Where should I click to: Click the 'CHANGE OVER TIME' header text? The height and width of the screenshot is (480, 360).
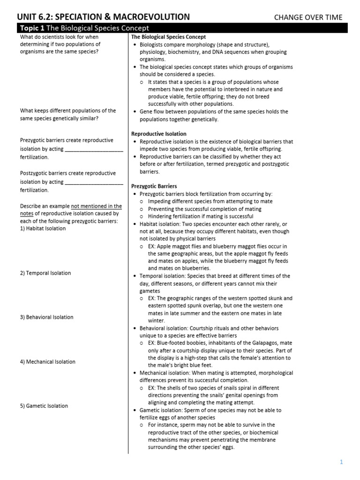pyautogui.click(x=308, y=17)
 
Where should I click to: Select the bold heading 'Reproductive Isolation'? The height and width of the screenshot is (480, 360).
pyautogui.click(x=158, y=134)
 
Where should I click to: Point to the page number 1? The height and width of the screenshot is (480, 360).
pyautogui.click(x=342, y=462)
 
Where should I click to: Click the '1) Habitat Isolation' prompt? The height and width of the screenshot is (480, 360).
pyautogui.click(x=43, y=229)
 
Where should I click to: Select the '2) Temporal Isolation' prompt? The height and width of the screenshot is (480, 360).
pyautogui.click(x=45, y=273)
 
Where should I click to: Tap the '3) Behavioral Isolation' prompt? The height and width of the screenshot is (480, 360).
pyautogui.click(x=46, y=317)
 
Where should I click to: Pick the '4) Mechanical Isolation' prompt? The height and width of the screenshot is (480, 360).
pyautogui.click(x=48, y=362)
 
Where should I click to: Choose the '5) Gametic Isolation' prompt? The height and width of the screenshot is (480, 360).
pyautogui.click(x=44, y=406)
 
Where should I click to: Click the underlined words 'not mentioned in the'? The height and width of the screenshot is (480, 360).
pyautogui.click(x=96, y=206)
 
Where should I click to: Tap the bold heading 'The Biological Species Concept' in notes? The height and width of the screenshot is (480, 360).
pyautogui.click(x=168, y=37)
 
